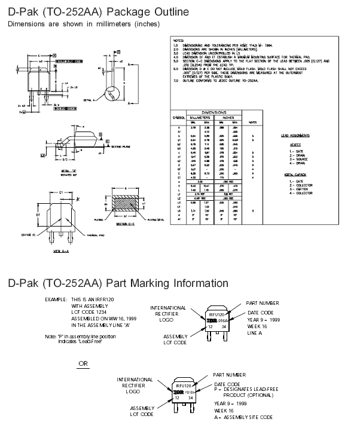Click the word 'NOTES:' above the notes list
[x=176, y=38]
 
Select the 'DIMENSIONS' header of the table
[x=213, y=112]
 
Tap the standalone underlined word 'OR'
[x=83, y=362]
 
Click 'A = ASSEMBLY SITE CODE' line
[x=243, y=417]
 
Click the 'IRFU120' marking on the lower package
[x=184, y=386]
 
